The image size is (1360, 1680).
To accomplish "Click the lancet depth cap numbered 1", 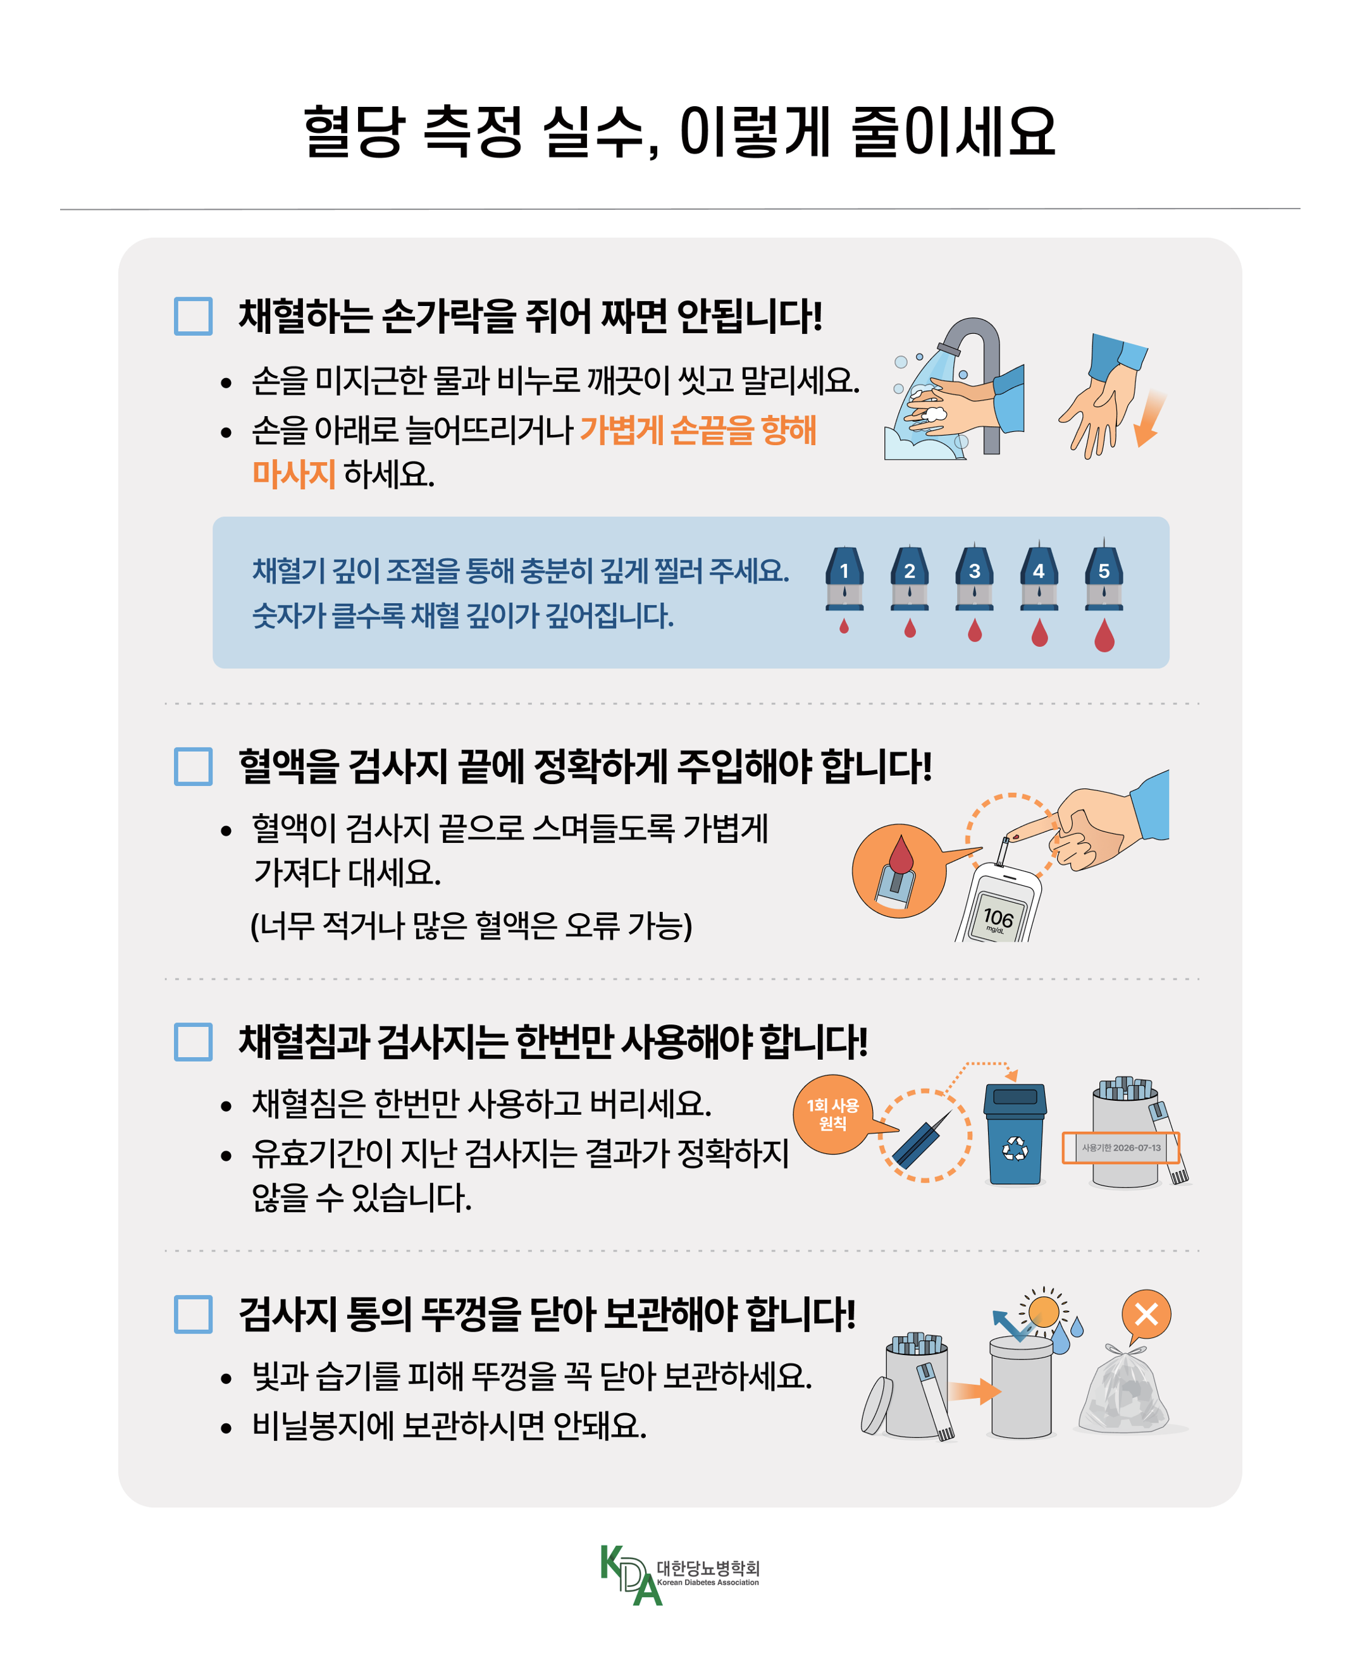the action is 844,577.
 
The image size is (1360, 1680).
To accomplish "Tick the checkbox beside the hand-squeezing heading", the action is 194,316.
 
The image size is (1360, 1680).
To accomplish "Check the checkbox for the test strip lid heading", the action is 194,1315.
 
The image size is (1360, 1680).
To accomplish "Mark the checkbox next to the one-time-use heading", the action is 194,1041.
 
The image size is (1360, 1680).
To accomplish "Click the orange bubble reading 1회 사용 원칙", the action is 833,1113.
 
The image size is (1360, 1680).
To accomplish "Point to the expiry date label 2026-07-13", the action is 1121,1148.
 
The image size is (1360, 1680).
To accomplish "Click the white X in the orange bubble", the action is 1146,1315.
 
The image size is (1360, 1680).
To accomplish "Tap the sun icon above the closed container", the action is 1044,1311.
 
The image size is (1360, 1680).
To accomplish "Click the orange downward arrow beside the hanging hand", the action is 1149,419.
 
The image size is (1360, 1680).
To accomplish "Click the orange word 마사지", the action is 294,474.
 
